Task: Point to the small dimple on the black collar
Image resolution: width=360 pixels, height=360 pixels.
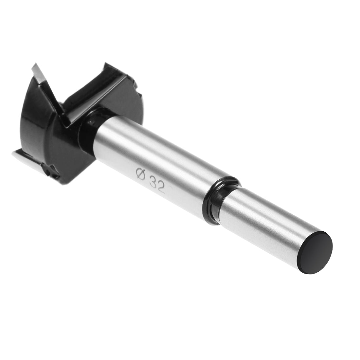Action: (x=91, y=122)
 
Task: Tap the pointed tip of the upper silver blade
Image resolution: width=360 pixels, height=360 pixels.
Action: (x=34, y=66)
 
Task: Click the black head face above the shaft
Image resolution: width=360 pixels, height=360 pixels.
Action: (x=121, y=98)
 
